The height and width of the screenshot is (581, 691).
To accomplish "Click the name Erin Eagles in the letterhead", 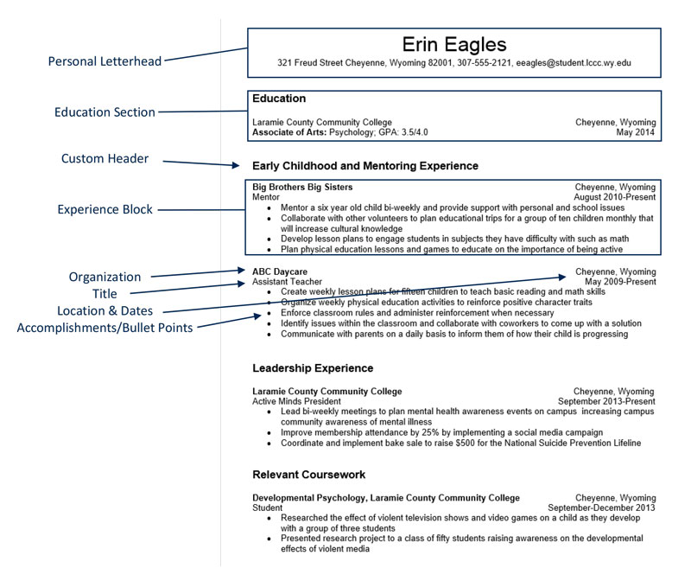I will point(454,44).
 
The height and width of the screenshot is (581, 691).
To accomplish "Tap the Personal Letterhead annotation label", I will point(105,61).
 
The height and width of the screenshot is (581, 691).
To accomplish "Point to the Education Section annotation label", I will point(105,112).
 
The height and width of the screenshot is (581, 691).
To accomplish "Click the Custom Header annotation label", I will point(105,158).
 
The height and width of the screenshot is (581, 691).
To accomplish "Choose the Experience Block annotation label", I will point(105,209).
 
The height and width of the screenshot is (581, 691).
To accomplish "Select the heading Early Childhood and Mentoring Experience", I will point(365,165).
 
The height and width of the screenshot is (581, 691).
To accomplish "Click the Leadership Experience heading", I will point(313,368).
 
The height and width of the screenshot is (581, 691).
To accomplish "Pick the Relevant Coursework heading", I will point(308,475).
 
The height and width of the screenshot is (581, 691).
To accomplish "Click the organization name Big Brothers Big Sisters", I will point(302,187).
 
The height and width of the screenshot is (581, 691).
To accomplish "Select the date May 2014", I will point(636,133).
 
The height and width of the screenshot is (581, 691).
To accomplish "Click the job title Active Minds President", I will point(296,401).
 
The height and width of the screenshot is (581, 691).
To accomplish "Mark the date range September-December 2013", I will point(601,508).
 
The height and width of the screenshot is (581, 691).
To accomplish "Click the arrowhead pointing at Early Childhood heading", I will point(233,164).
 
